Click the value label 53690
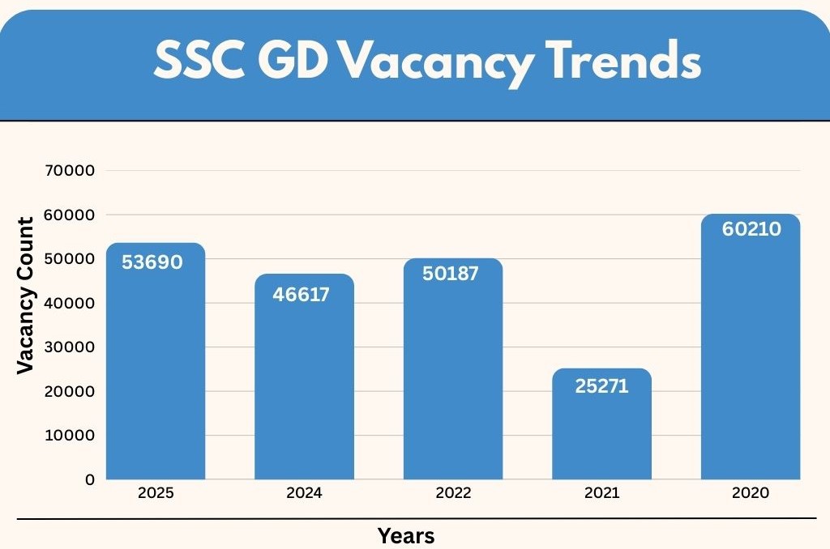152,262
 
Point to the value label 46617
301,294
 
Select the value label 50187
451,273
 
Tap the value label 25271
601,386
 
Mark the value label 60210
751,229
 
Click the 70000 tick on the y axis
75,171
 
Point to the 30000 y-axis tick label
75,347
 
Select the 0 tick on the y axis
89,479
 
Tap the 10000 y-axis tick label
75,436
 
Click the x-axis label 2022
453,493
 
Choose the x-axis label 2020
750,493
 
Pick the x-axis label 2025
156,493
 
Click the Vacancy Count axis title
26,296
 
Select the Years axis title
406,535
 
